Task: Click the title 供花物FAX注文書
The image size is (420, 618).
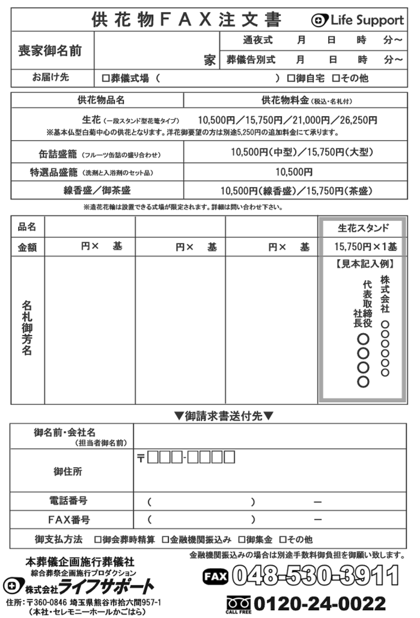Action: tap(186, 20)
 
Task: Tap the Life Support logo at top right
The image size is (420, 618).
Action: tap(358, 20)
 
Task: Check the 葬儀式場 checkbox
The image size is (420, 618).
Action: tap(106, 78)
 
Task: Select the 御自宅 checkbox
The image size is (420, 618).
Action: tap(291, 78)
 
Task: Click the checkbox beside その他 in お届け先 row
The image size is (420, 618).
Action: tap(336, 78)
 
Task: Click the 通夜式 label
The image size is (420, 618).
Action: tap(258, 40)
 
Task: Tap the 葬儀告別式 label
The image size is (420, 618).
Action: tap(251, 60)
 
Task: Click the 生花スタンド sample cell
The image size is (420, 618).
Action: tap(363, 228)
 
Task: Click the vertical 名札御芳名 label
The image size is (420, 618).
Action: tap(27, 328)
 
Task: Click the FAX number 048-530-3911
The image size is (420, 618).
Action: tap(315, 576)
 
